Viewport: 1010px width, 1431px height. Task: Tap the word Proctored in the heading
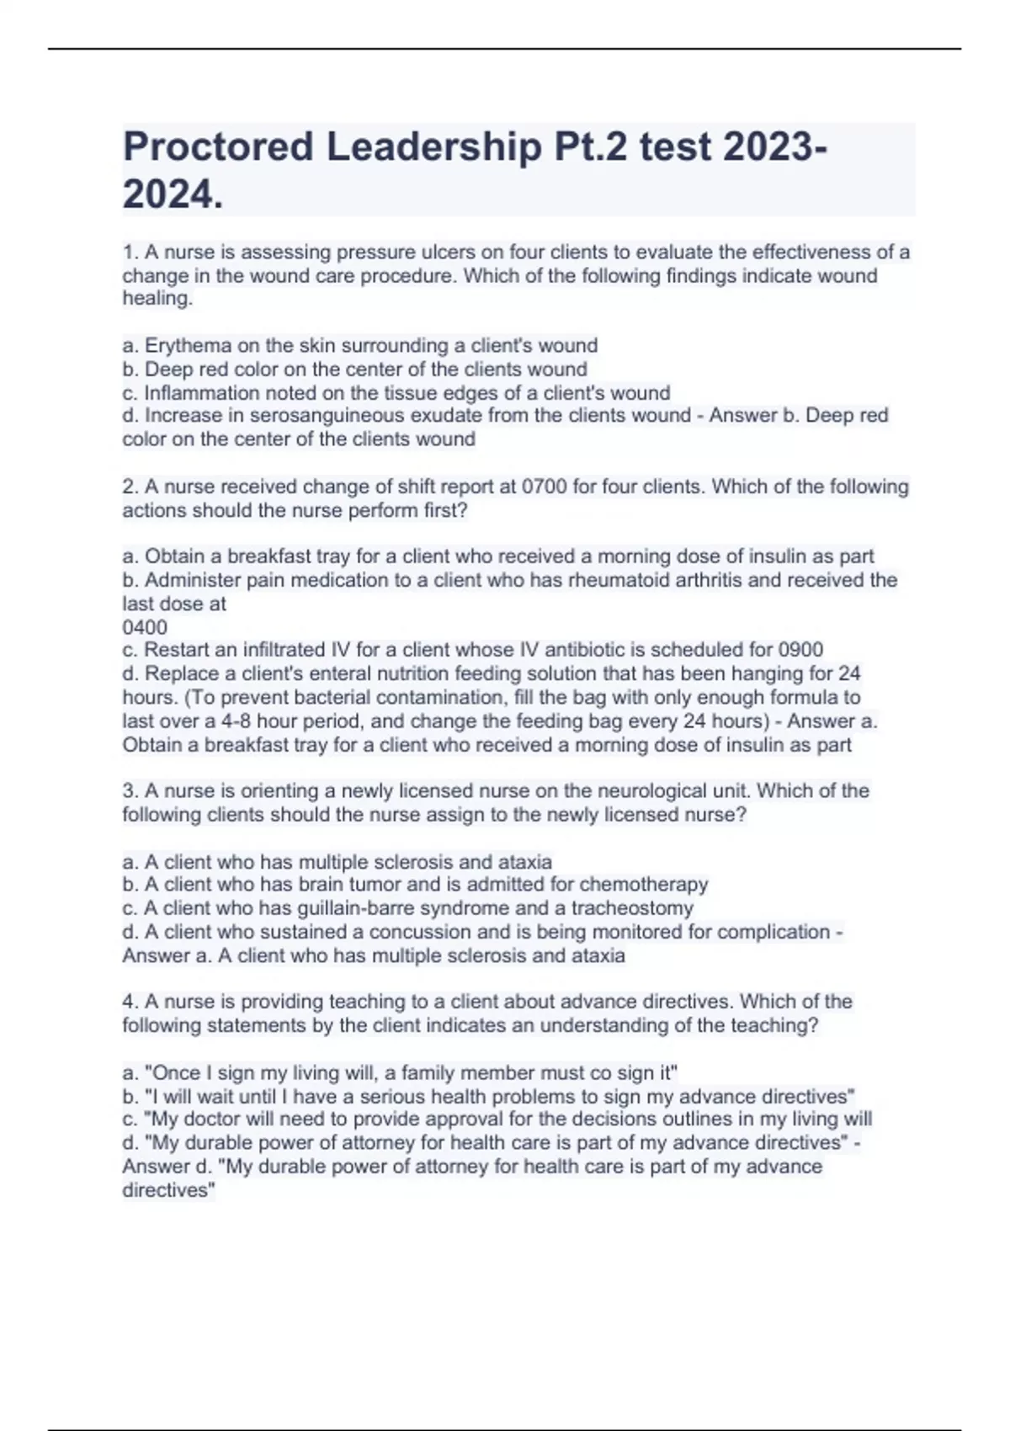point(217,147)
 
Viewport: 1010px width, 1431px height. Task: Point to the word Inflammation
point(190,393)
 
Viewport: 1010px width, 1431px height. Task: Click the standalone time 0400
point(145,627)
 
